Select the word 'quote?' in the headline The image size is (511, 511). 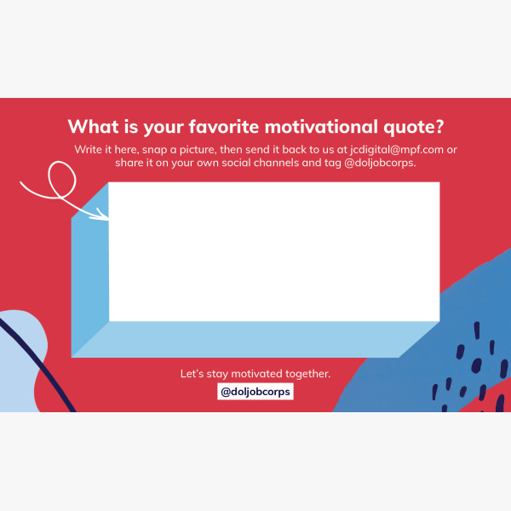click(414, 128)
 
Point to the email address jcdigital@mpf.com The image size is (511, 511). click(397, 150)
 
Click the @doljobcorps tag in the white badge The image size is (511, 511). click(255, 392)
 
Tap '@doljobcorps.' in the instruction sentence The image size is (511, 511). click(380, 163)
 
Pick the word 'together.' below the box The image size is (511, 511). click(308, 374)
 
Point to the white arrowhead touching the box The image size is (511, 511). click(102, 215)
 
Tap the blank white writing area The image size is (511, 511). click(274, 251)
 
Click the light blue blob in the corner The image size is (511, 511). click(20, 359)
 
